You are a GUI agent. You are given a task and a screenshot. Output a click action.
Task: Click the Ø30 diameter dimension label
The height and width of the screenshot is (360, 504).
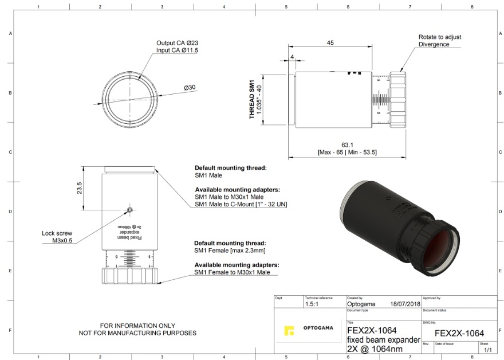pyautogui.click(x=190, y=87)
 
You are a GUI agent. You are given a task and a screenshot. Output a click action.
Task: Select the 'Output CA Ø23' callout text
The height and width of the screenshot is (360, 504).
pyautogui.click(x=178, y=43)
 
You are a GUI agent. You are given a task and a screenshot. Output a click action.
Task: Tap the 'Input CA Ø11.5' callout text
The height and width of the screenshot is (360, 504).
pyautogui.click(x=178, y=50)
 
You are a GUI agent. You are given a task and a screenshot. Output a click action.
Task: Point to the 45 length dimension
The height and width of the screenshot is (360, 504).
pyautogui.click(x=330, y=43)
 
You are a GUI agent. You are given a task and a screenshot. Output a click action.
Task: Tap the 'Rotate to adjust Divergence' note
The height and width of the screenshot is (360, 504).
pyautogui.click(x=439, y=41)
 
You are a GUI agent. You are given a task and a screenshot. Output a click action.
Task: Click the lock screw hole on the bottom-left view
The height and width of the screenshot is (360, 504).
pyautogui.click(x=131, y=210)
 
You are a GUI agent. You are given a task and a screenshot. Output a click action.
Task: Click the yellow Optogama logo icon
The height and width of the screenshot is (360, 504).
pyautogui.click(x=289, y=331)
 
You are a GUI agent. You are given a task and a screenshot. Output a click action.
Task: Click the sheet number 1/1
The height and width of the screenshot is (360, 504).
pyautogui.click(x=487, y=349)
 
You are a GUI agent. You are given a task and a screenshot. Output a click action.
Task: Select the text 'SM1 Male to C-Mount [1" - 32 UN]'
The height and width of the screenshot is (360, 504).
pyautogui.click(x=241, y=204)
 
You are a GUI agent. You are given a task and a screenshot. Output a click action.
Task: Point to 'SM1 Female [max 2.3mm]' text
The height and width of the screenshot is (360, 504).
pyautogui.click(x=229, y=251)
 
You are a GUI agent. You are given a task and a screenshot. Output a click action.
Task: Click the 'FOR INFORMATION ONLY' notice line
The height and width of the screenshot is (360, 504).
pyautogui.click(x=137, y=325)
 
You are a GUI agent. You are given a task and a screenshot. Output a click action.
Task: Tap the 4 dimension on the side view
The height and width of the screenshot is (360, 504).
pyautogui.click(x=292, y=57)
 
